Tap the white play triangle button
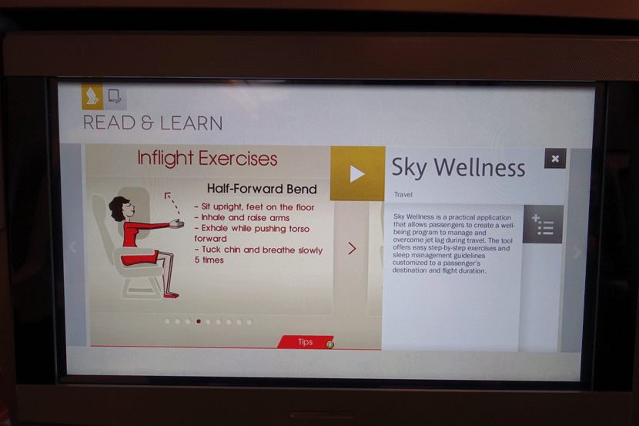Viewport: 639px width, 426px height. pos(357,173)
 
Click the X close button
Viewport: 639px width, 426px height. pos(555,159)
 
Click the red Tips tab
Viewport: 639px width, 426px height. pos(306,342)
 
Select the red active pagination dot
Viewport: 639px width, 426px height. pos(199,322)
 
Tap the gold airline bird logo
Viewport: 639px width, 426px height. pos(92,97)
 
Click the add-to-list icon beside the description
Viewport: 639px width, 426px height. pos(543,224)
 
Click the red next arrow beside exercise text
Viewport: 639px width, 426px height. pos(352,248)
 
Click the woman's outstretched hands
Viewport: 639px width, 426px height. pos(177,223)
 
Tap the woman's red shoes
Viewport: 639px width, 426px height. pos(171,295)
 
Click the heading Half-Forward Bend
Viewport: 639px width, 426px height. pos(262,189)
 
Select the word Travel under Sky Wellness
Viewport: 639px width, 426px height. pos(403,194)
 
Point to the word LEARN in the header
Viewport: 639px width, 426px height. pos(191,123)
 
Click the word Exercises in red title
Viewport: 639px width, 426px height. pos(238,158)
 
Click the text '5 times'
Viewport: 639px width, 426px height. pos(209,260)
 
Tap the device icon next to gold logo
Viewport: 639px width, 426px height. pos(115,96)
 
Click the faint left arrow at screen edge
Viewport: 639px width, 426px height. pos(73,247)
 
